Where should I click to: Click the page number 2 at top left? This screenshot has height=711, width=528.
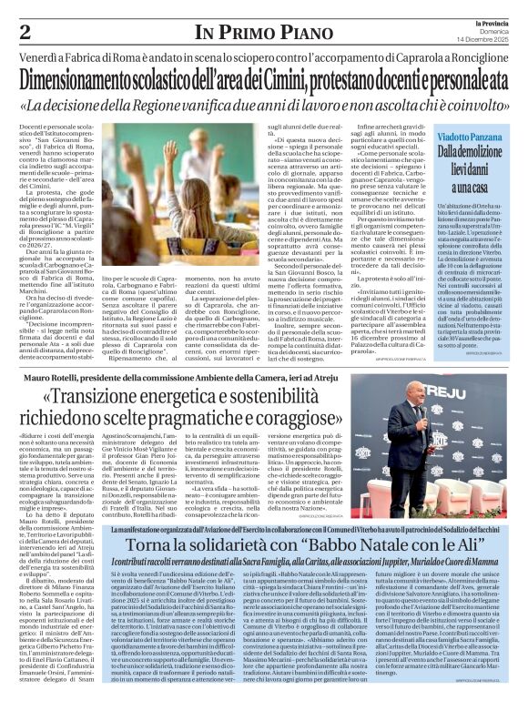tap(25, 32)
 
